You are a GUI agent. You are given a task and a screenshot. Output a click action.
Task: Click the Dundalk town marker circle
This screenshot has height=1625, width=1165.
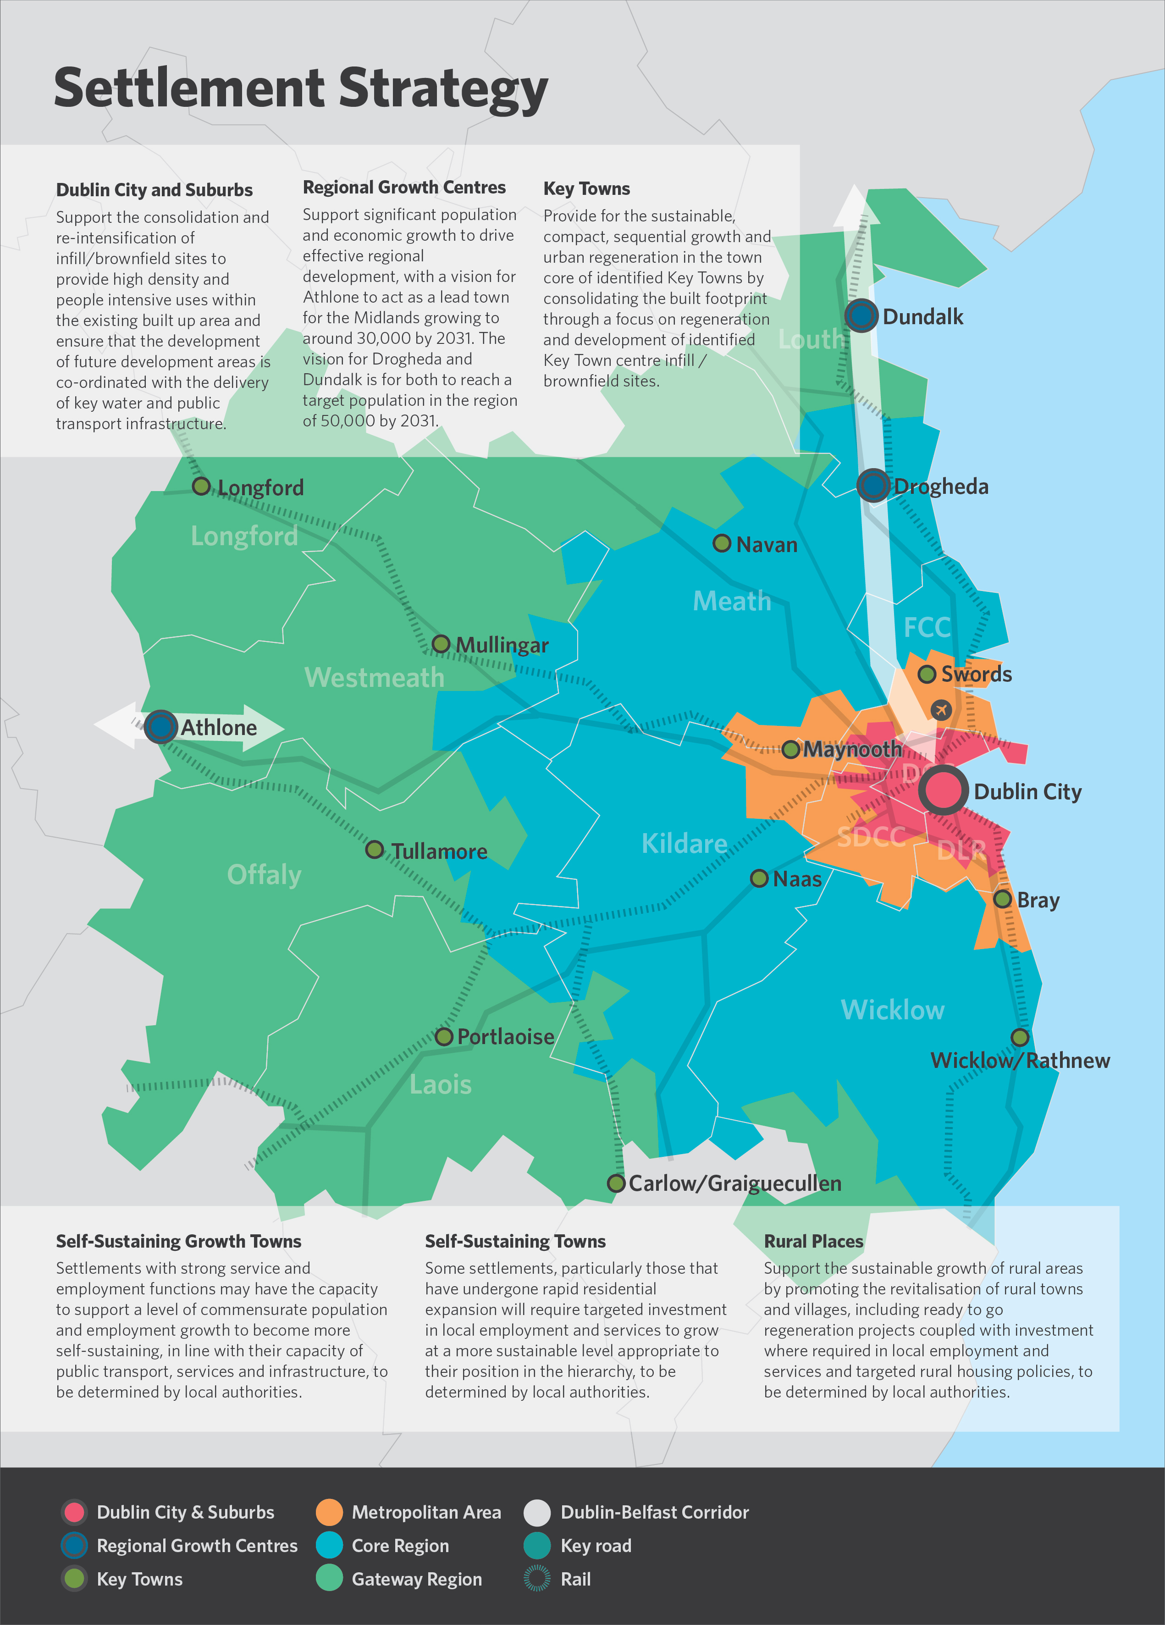pyautogui.click(x=861, y=315)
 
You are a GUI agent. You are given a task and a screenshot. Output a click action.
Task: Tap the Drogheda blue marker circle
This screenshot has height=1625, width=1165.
pyautogui.click(x=872, y=485)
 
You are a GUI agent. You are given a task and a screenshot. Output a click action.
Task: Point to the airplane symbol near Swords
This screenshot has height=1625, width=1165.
pyautogui.click(x=941, y=709)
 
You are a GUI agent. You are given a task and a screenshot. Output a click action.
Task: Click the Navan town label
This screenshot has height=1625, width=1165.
pyautogui.click(x=766, y=545)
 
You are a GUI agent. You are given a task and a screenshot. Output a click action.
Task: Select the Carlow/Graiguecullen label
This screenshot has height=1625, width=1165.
pyautogui.click(x=734, y=1183)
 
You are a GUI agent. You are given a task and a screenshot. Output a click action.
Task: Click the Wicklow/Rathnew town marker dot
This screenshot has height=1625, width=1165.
pyautogui.click(x=1020, y=1037)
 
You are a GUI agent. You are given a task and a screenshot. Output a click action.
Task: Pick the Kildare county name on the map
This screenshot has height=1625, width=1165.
pyautogui.click(x=684, y=843)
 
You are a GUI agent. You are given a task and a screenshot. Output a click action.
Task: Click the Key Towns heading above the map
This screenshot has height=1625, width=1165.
pyautogui.click(x=586, y=188)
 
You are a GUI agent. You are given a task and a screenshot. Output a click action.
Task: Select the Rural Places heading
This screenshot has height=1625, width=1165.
pyautogui.click(x=813, y=1241)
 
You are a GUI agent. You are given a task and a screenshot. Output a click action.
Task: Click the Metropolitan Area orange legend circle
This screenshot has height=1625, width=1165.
pyautogui.click(x=329, y=1512)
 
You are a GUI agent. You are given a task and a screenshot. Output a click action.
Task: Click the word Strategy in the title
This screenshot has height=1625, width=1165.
pyautogui.click(x=443, y=89)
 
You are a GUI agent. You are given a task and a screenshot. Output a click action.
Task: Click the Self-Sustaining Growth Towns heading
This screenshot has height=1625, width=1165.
pyautogui.click(x=178, y=1241)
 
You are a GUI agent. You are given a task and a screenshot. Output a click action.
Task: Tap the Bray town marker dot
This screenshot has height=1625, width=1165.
pyautogui.click(x=1002, y=899)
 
